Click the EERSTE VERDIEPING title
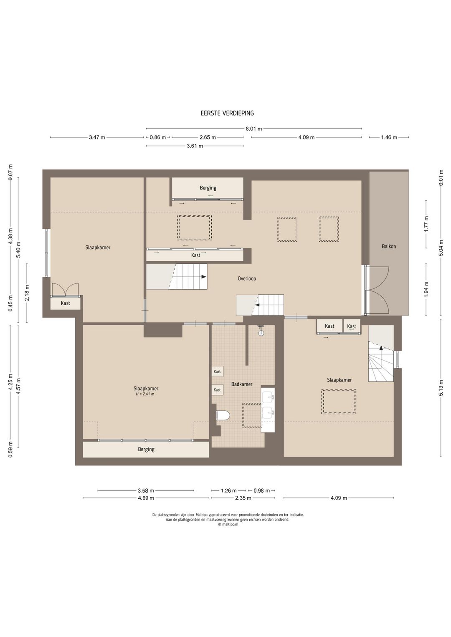pos(227,113)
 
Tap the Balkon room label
pos(389,246)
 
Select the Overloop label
pos(247,279)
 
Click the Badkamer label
pos(241,384)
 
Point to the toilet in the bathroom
pos(223,415)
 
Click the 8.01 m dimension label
pos(254,129)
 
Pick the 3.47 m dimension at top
pos(97,138)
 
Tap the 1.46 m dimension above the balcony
pos(389,138)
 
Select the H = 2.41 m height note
pos(145,394)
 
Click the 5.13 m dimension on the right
pos(441,388)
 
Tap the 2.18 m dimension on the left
pos(27,293)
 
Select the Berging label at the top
pos(208,188)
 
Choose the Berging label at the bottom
pos(146,449)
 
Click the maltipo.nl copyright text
pos(228,525)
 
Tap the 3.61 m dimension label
pos(195,146)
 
